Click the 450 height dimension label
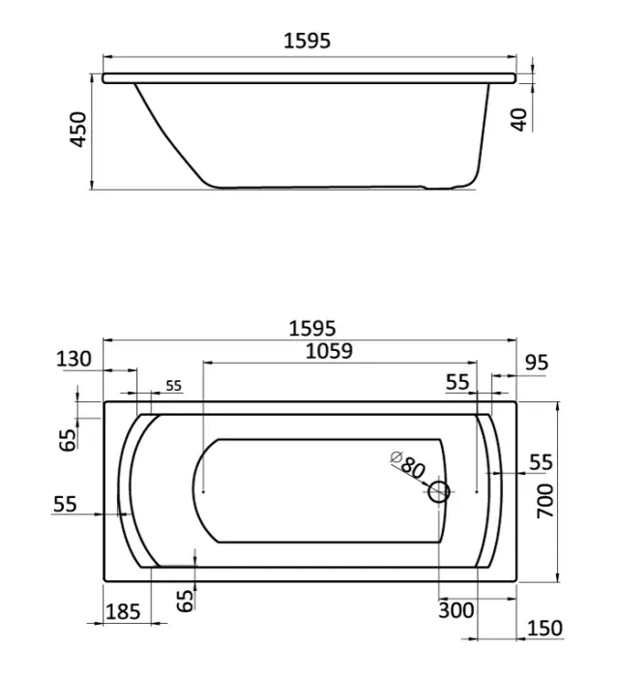coord(78,130)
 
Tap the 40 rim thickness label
coord(519,119)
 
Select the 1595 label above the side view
coord(307,41)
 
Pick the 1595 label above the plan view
coord(311,328)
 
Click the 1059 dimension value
coord(329,351)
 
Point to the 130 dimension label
coord(74,359)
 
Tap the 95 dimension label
coord(537,363)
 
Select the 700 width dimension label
coord(545,501)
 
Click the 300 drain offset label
coord(456,610)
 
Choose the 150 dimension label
coord(545,629)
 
